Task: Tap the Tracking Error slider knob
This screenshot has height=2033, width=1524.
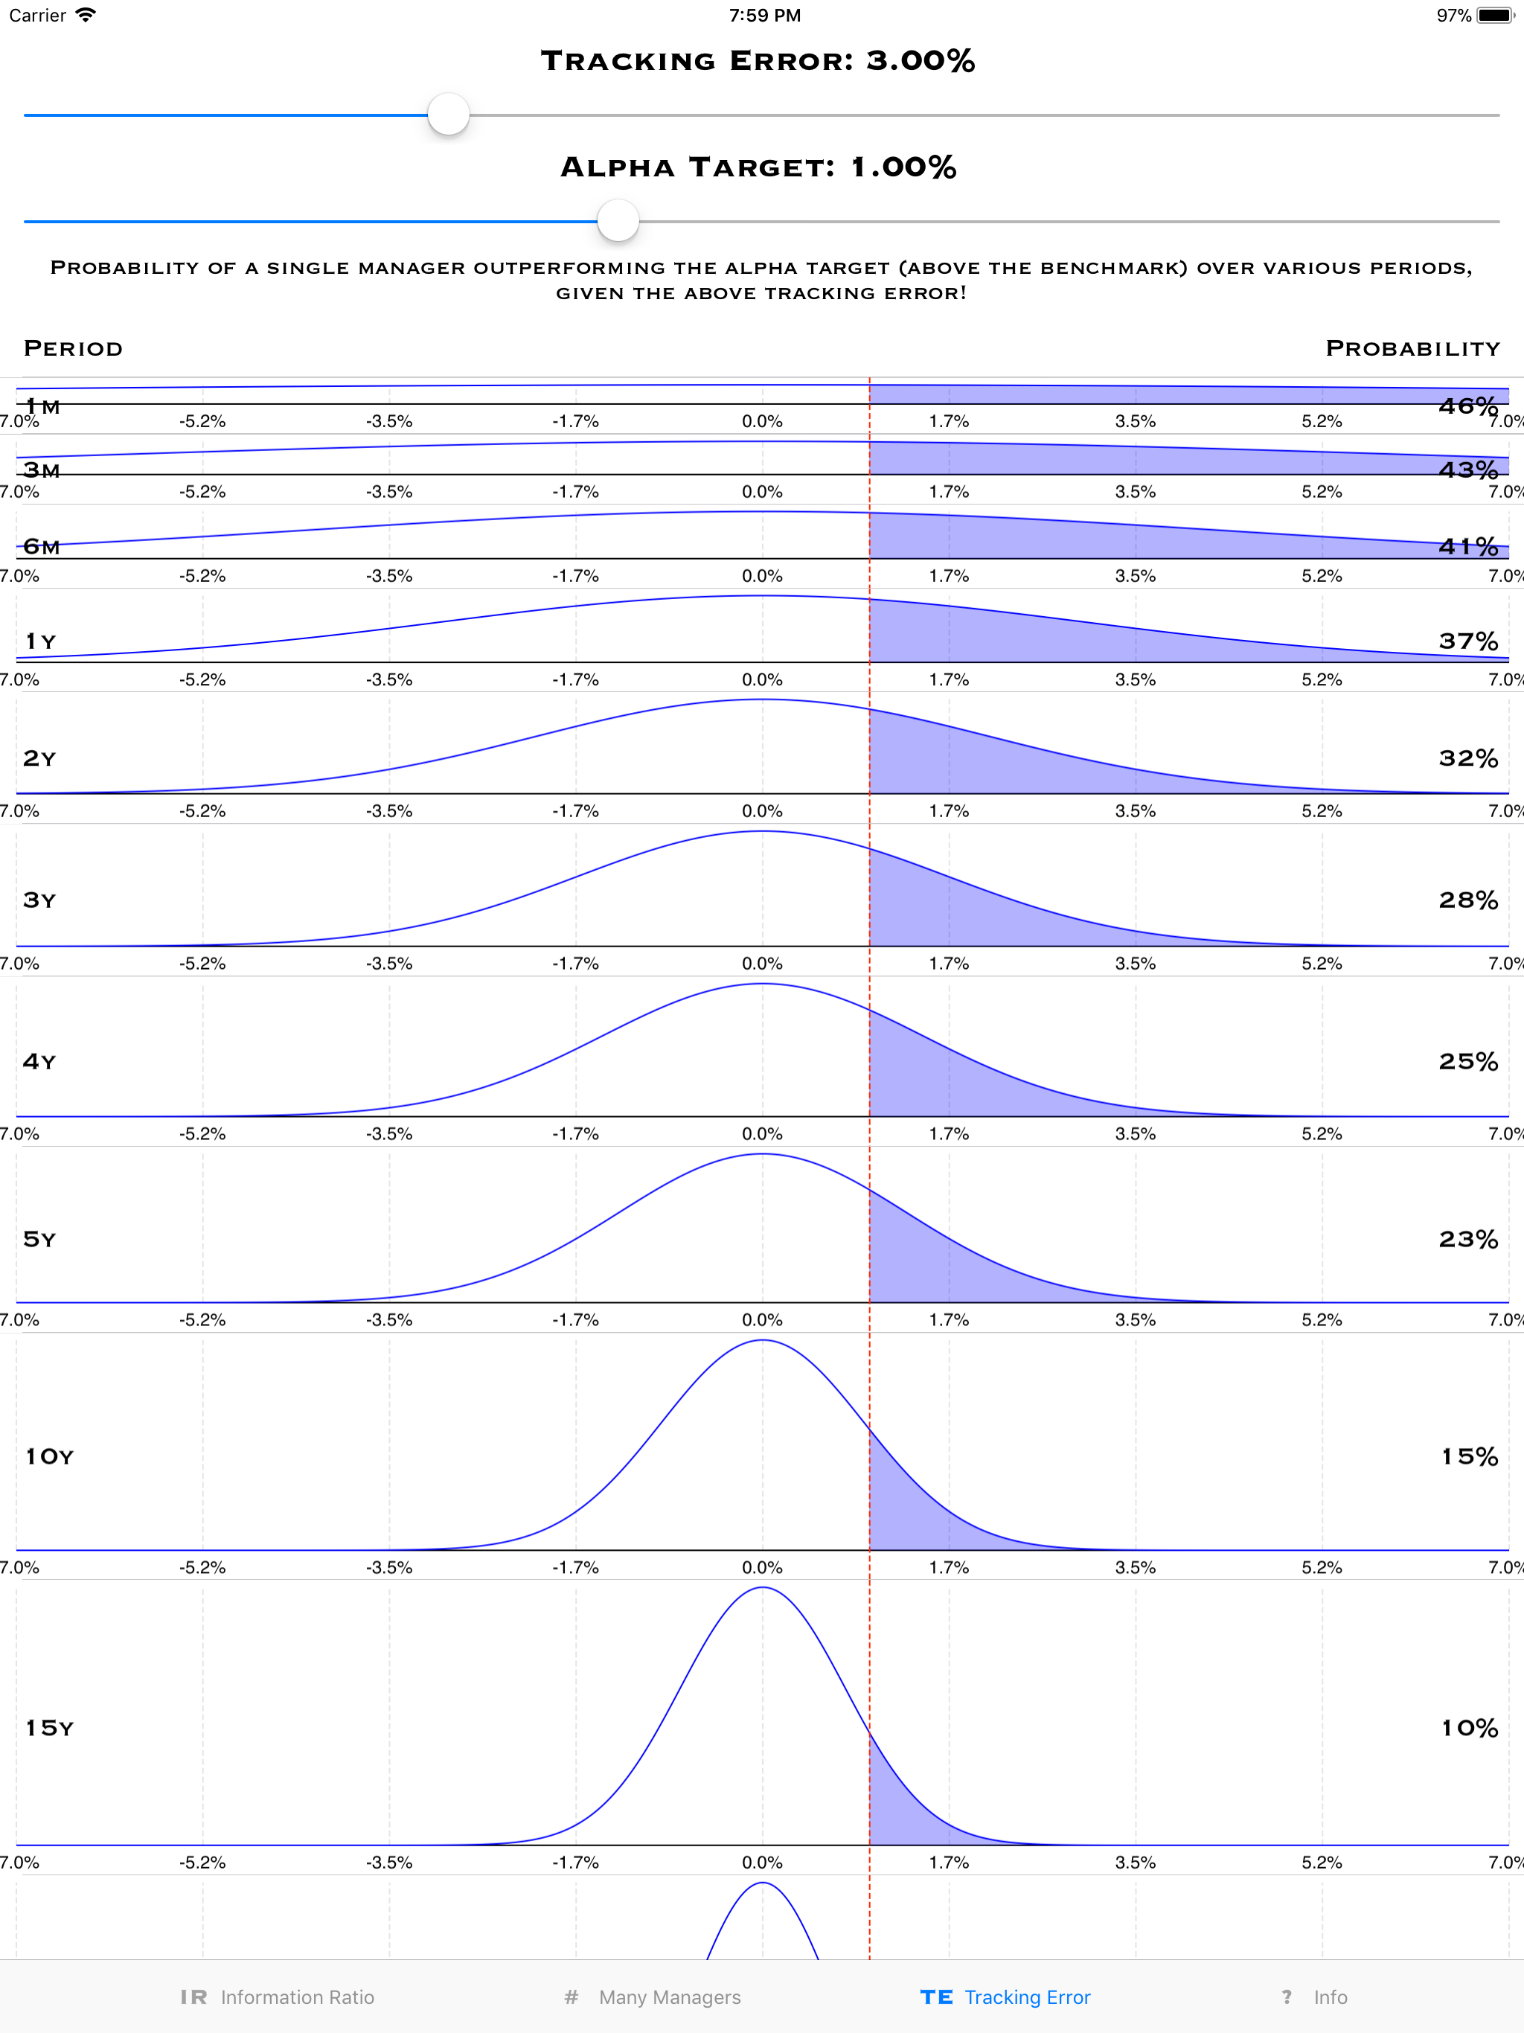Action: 449,115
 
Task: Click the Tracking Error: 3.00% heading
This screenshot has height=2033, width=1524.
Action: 758,61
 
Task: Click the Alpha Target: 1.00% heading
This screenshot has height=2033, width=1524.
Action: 758,167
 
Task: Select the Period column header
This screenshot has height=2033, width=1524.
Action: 73,348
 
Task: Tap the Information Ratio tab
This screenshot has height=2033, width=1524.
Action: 278,1997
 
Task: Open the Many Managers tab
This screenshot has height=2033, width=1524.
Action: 653,1997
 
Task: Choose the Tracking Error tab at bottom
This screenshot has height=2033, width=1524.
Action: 1005,1997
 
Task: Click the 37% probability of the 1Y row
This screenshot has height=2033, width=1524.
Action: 1468,641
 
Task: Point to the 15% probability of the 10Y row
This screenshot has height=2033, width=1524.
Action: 1469,1456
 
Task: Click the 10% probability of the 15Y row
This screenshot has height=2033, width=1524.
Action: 1469,1728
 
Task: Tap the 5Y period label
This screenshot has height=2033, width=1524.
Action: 39,1239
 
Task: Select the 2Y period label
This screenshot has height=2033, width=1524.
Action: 39,758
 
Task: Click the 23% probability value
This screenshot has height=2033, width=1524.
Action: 1468,1239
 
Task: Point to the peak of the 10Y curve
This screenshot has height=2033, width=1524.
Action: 762,1341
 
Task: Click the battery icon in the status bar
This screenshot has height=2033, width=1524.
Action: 1494,16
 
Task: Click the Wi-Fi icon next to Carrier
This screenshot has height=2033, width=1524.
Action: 86,15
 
